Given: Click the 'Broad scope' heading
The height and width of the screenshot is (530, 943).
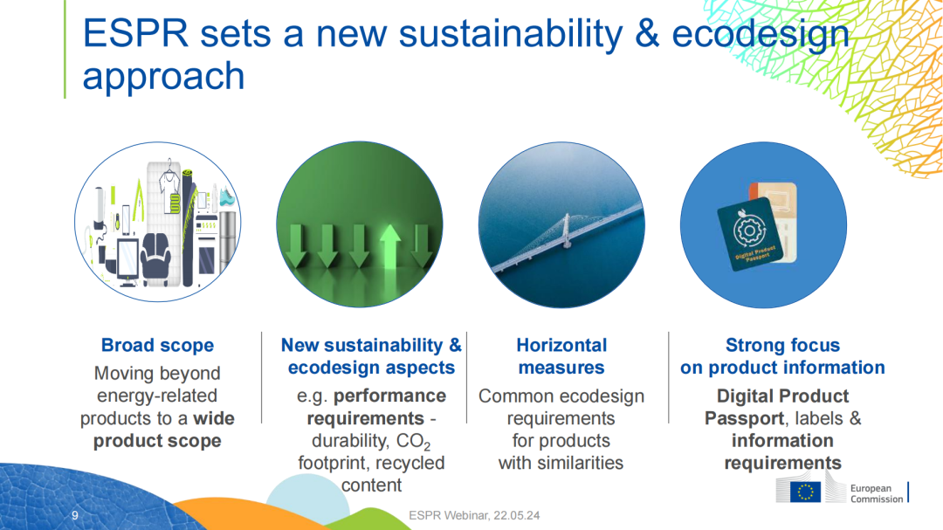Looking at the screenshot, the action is point(157,345).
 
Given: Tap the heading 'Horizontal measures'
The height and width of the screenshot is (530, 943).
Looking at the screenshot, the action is point(561,356).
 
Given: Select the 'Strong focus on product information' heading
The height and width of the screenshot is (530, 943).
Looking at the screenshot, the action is point(782,356).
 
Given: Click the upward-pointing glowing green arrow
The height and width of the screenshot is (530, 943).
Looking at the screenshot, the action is point(390,246).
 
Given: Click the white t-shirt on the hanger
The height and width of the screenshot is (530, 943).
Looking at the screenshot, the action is point(169,187).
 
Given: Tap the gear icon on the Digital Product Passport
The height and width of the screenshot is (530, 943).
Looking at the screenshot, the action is point(749,230).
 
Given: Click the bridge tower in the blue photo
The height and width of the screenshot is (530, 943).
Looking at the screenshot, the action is point(565,231).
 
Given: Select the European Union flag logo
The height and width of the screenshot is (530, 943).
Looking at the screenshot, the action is point(805,492).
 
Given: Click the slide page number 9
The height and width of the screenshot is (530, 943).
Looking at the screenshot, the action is point(74,515).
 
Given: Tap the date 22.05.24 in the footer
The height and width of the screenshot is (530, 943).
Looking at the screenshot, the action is point(517,515).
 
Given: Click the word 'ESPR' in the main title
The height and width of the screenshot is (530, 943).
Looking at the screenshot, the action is point(136,34).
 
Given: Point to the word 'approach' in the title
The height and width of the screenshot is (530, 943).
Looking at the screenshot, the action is point(163,77).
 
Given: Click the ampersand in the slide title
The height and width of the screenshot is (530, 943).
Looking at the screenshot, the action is point(647,34).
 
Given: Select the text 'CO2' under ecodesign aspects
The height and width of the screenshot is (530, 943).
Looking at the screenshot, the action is point(413,442).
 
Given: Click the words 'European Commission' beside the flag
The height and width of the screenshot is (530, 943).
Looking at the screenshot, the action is point(877,493).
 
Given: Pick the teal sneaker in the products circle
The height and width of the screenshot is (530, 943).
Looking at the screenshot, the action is point(227,196).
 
